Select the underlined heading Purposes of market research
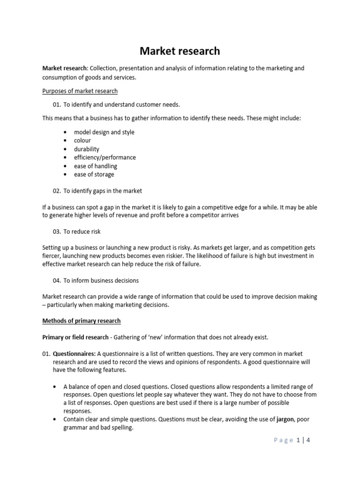pyautogui.click(x=80, y=91)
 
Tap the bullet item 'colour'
pyautogui.click(x=82, y=141)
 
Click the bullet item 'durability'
pyautogui.click(x=87, y=149)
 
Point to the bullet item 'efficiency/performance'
pyautogui.click(x=105, y=157)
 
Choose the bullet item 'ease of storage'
pyautogui.click(x=94, y=174)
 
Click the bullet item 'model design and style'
pyautogui.click(x=104, y=132)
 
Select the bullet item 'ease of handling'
pyautogui.click(x=96, y=166)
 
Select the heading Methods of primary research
pyautogui.click(x=82, y=321)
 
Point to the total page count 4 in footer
pyautogui.click(x=308, y=440)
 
